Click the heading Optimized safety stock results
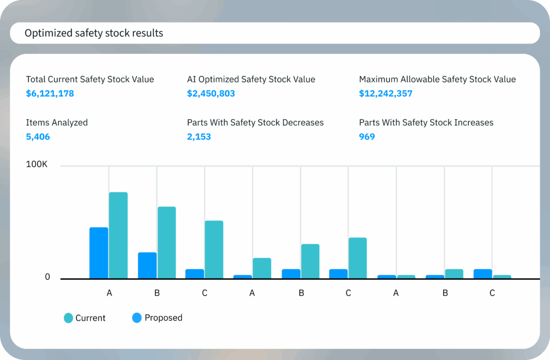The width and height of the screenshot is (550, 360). pos(94,33)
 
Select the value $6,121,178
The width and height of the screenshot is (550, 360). pos(50,93)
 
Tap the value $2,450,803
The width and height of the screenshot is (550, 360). pos(211,93)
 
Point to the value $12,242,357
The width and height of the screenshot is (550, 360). pos(386,93)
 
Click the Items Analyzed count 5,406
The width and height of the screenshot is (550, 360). pos(38,137)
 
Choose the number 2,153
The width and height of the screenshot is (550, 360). pos(199,137)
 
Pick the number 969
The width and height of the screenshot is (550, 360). pos(367,137)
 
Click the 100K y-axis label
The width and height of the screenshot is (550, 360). pos(37,164)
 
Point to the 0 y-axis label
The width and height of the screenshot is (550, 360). pos(47,277)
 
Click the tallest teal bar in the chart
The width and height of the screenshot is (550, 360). pos(118,235)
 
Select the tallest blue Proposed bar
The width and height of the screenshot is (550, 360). pos(99,253)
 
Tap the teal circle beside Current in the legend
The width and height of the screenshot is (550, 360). pos(68,318)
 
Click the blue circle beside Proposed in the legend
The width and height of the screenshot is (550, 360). pos(137,318)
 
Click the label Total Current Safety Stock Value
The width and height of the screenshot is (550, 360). pos(90,80)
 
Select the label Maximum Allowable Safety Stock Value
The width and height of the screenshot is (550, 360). pos(437,80)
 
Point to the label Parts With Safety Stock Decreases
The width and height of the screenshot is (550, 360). pos(255,123)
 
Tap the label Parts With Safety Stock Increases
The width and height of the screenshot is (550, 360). pos(426,123)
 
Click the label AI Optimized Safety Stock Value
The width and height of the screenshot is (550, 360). pos(251,80)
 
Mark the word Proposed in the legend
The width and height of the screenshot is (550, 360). pos(163,318)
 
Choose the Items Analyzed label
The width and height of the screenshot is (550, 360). pos(57,123)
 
